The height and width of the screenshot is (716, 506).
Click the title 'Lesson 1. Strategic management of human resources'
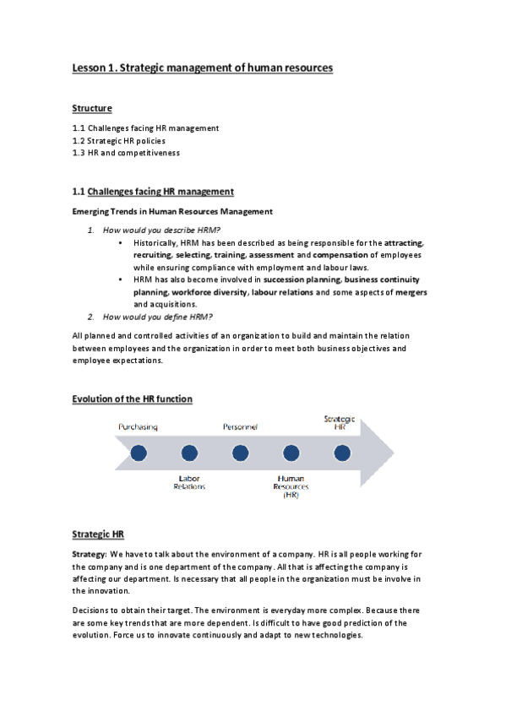[x=203, y=68]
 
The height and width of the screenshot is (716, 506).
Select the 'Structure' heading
[x=92, y=108]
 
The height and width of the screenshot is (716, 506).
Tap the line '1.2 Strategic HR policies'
[x=118, y=140]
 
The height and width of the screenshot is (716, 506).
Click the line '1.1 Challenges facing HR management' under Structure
[x=145, y=127]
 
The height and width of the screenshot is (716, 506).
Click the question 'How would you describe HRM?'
[x=161, y=231]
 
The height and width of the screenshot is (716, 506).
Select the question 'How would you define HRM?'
[x=157, y=317]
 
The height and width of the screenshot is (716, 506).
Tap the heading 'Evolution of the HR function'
[x=132, y=399]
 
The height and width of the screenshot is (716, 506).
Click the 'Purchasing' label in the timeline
[x=138, y=428]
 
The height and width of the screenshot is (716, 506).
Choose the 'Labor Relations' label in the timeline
[x=189, y=483]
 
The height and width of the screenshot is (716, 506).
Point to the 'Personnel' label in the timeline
[x=240, y=428]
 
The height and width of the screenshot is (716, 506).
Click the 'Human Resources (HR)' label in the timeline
[x=291, y=486]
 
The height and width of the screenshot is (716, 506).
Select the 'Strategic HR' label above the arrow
[x=340, y=422]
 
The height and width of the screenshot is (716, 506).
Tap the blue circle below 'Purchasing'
[x=139, y=453]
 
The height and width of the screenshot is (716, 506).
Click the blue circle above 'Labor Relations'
[x=189, y=453]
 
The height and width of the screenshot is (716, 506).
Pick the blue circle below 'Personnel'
[x=240, y=453]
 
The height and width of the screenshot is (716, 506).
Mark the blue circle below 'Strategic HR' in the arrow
[x=341, y=453]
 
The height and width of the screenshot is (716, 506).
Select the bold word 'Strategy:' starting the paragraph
[x=89, y=554]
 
